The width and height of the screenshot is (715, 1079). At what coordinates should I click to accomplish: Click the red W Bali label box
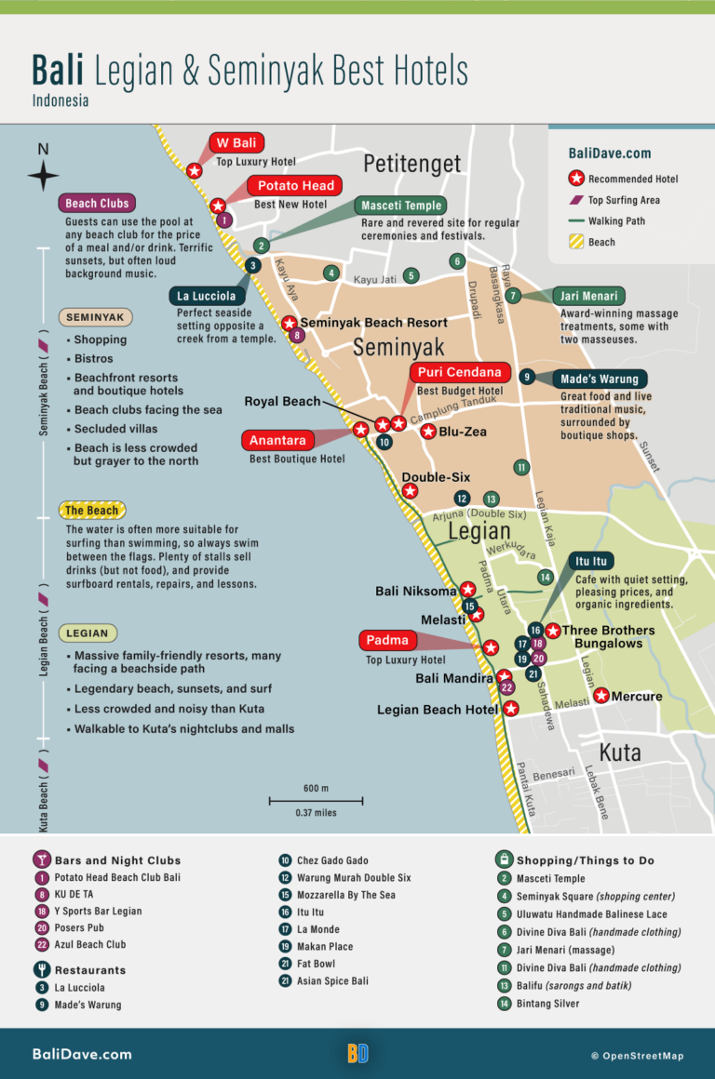coord(236,143)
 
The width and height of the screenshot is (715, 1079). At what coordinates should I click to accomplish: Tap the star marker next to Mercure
coord(601,696)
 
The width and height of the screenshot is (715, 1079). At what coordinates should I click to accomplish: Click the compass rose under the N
coord(43,175)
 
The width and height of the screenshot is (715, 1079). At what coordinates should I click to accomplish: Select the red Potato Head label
coord(295,186)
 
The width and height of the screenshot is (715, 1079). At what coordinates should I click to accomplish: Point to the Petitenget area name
coord(411,164)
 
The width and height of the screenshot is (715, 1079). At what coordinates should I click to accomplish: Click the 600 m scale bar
coord(316,800)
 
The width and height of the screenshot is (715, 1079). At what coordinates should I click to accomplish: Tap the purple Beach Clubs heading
coord(96,204)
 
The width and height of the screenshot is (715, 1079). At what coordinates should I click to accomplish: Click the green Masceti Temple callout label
coord(402,206)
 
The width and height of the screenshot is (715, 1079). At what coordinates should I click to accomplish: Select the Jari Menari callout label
coord(589,297)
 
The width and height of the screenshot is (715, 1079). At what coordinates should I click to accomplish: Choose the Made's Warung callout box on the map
coord(600,379)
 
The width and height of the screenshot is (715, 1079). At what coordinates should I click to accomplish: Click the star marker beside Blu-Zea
coord(428,432)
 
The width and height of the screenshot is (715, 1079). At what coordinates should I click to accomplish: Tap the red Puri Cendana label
coord(459,373)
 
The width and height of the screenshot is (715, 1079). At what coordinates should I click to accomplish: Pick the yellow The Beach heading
coord(91,510)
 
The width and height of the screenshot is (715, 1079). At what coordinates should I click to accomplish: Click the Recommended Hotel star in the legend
coord(576,179)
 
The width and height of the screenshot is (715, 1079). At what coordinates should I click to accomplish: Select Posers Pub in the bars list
coord(79,927)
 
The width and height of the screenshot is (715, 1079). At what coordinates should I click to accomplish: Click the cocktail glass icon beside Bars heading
coord(41,859)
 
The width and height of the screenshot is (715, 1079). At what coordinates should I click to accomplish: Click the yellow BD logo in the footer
coord(357,1053)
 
